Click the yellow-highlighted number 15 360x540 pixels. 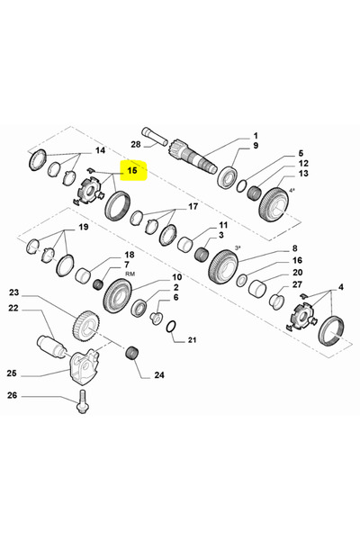tap(132, 170)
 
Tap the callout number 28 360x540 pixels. tap(136, 144)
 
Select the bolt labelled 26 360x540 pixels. tap(82, 401)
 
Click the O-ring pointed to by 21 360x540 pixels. tap(171, 327)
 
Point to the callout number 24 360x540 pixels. tap(158, 374)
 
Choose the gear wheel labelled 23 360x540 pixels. tap(86, 326)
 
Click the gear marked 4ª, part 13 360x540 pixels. tap(274, 204)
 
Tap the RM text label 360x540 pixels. tap(130, 274)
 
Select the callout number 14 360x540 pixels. tap(100, 150)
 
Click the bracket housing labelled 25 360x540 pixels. tap(83, 366)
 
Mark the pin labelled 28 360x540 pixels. tap(155, 136)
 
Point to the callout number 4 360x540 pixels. tap(340, 287)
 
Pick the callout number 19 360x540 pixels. tap(84, 227)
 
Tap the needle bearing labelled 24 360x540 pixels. tap(132, 354)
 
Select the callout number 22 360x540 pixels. tap(13, 308)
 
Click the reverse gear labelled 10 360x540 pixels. tap(118, 296)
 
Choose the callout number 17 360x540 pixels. tap(193, 206)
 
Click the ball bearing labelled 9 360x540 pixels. tap(228, 177)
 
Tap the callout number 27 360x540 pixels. tap(297, 284)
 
